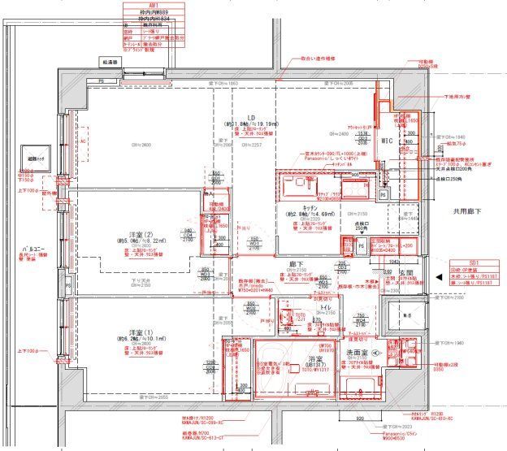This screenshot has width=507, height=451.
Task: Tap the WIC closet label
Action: (387, 141)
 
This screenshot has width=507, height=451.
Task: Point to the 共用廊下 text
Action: (469, 210)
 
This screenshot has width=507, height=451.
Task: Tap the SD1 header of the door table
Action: (475, 262)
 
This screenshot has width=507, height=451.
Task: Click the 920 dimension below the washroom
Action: (358, 418)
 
